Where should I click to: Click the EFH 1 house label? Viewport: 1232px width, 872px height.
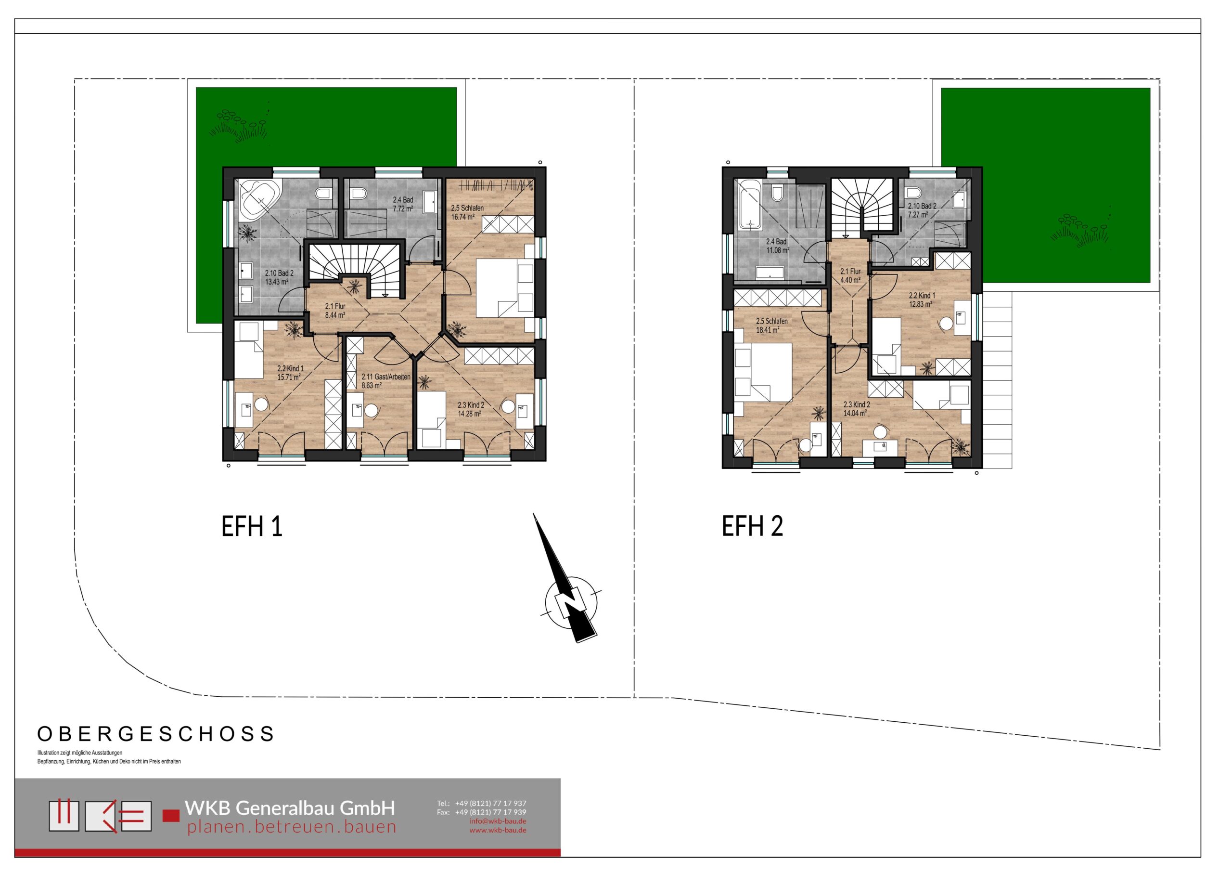coord(252,526)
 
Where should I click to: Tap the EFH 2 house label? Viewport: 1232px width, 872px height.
coord(752,526)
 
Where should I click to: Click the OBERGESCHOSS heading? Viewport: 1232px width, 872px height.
coord(156,734)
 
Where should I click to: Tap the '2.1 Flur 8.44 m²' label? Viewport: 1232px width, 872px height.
coord(335,311)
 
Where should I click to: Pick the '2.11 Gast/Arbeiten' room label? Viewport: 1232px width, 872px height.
coord(386,377)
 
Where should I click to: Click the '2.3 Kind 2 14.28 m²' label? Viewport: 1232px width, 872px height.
coord(471,409)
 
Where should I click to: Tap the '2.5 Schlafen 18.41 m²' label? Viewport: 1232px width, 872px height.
coord(771,325)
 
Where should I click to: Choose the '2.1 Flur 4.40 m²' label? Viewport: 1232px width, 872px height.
coord(850,275)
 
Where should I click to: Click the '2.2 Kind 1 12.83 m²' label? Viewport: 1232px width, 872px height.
coord(921,299)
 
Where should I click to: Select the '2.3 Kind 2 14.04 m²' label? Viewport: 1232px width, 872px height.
coord(857,409)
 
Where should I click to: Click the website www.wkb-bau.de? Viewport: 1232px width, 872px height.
coord(498,830)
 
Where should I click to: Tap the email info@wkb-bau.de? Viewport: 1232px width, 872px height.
coord(498,821)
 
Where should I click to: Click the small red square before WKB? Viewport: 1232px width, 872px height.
coord(171,816)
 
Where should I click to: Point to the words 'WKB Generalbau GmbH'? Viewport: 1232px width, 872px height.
coord(290,807)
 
